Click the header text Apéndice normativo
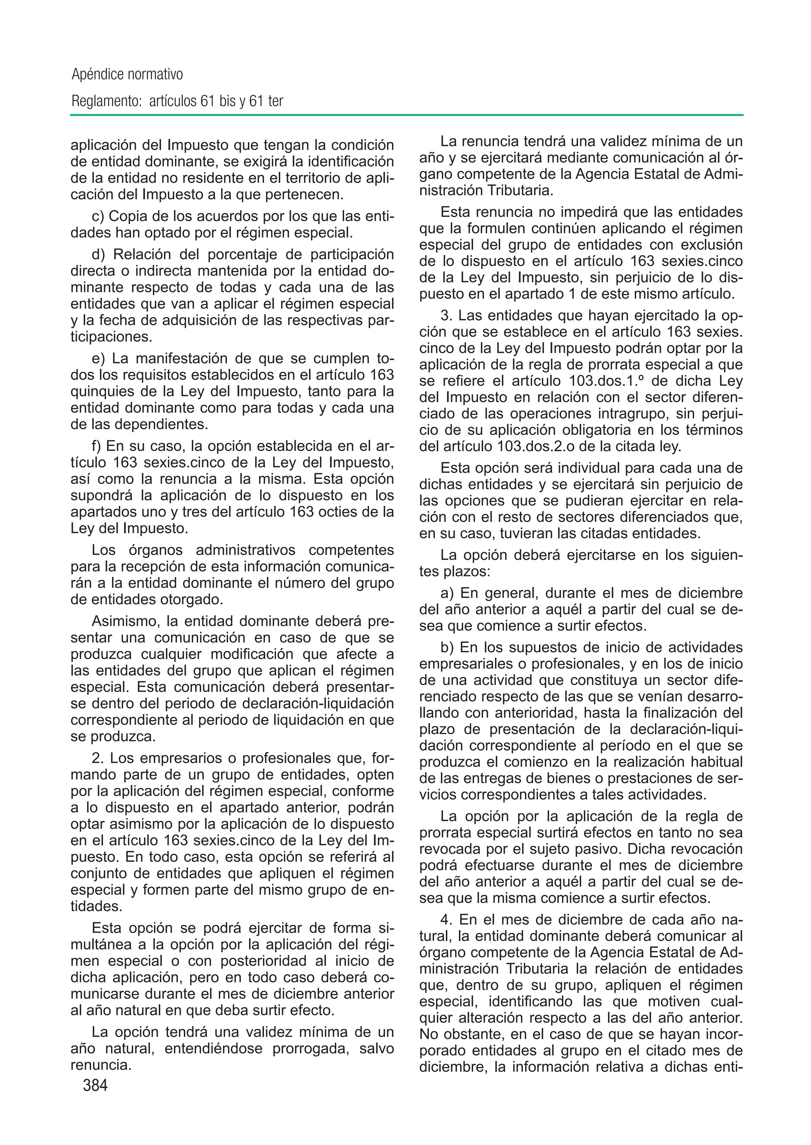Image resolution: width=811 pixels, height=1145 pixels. coord(128,74)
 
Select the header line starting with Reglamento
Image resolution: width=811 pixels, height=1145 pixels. coord(177,101)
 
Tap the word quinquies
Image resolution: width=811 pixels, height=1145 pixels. coord(103,391)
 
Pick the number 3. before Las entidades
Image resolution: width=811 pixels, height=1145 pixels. coord(446,316)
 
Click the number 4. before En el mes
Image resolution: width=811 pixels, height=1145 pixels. coord(446,920)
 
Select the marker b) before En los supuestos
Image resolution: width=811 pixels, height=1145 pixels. coord(447,648)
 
